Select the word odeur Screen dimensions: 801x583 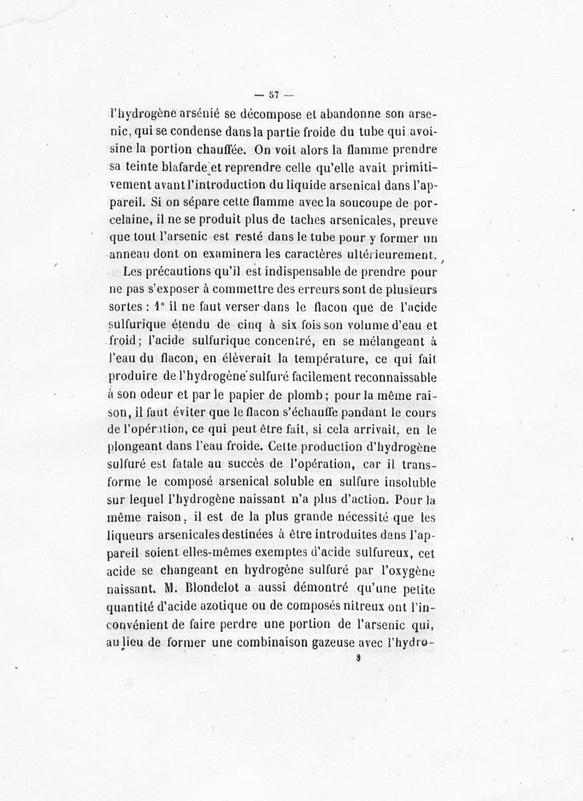coord(160,394)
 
